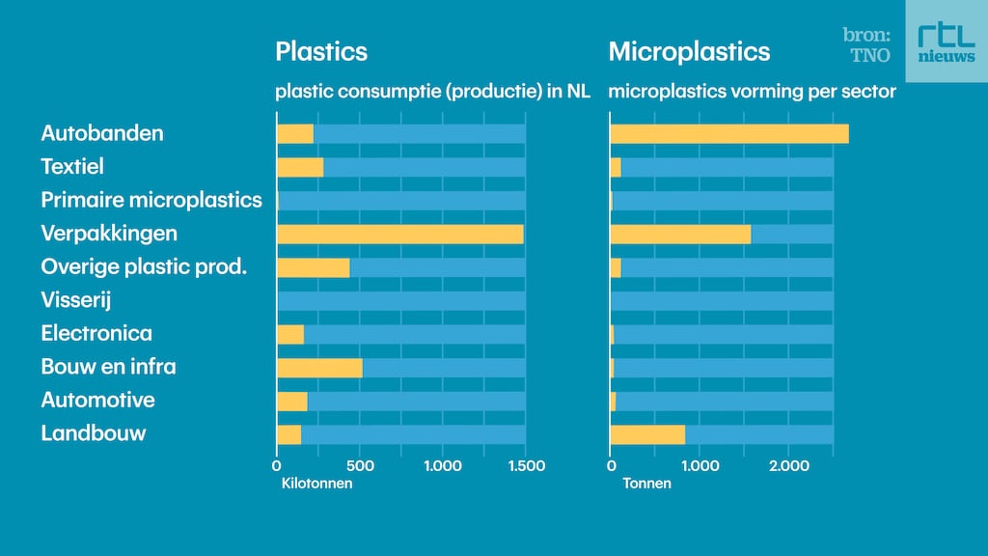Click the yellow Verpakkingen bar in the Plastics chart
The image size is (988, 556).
pos(399,234)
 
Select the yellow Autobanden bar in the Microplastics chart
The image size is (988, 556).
pos(728,134)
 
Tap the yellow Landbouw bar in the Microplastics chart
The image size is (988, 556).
pos(647,434)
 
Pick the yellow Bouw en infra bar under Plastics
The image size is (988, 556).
pos(319,368)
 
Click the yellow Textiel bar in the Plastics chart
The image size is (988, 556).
pos(300,167)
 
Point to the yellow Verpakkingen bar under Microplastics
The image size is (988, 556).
pos(680,234)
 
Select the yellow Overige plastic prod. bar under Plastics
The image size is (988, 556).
pos(313,267)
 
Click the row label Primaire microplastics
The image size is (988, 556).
pos(151,200)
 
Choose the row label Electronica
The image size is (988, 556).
pos(96,334)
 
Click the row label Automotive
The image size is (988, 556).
pos(97,401)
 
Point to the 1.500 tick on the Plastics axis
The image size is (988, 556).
pos(525,466)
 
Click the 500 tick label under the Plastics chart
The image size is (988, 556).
pos(360,466)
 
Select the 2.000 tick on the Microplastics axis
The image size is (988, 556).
pos(788,466)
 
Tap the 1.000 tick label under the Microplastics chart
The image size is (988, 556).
pos(700,466)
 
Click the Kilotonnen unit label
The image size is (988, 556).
pos(316,484)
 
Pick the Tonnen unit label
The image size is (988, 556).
pos(646,484)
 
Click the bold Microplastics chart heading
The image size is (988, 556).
pos(689,51)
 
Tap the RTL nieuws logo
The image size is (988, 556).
pos(946,42)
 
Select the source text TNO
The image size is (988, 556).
pos(869,56)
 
